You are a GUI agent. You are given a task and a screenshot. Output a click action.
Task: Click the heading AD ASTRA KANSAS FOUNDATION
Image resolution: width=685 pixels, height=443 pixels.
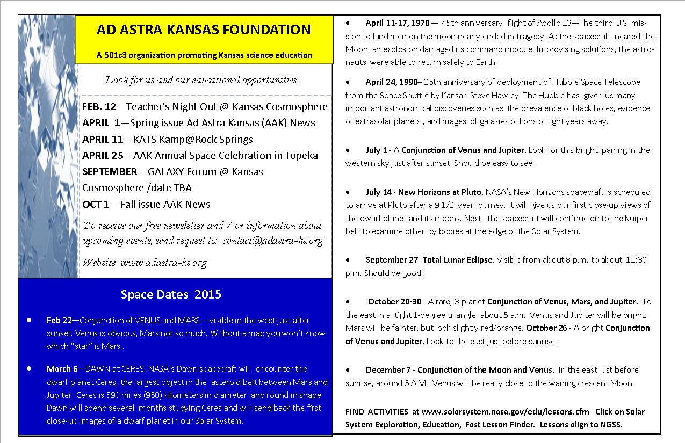point(204,30)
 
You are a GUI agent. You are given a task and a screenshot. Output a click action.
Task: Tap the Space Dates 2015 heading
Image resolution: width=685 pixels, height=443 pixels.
point(171,294)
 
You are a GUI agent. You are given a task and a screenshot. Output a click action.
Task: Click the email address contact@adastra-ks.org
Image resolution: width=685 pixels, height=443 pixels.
point(272,241)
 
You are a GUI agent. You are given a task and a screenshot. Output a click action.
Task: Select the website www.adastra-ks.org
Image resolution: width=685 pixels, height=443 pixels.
point(163,263)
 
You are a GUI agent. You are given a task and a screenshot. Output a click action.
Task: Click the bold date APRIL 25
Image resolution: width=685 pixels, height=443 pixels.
point(103,156)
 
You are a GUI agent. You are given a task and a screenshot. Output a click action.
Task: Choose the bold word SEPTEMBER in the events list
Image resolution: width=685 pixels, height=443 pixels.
point(110,172)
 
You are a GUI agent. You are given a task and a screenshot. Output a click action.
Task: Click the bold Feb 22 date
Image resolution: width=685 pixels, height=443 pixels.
point(62,321)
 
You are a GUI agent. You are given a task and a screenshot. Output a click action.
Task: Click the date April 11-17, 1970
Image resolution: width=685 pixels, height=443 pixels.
point(399,24)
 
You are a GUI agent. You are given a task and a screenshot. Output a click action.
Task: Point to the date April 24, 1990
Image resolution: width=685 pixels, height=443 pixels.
point(394,82)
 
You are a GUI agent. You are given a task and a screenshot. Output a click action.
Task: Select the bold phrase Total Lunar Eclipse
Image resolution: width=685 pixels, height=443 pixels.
point(458,260)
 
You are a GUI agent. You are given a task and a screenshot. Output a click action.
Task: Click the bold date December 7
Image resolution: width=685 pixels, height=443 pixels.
point(388,370)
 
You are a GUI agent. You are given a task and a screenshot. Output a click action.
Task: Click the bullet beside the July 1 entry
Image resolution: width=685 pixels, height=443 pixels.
point(348,150)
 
